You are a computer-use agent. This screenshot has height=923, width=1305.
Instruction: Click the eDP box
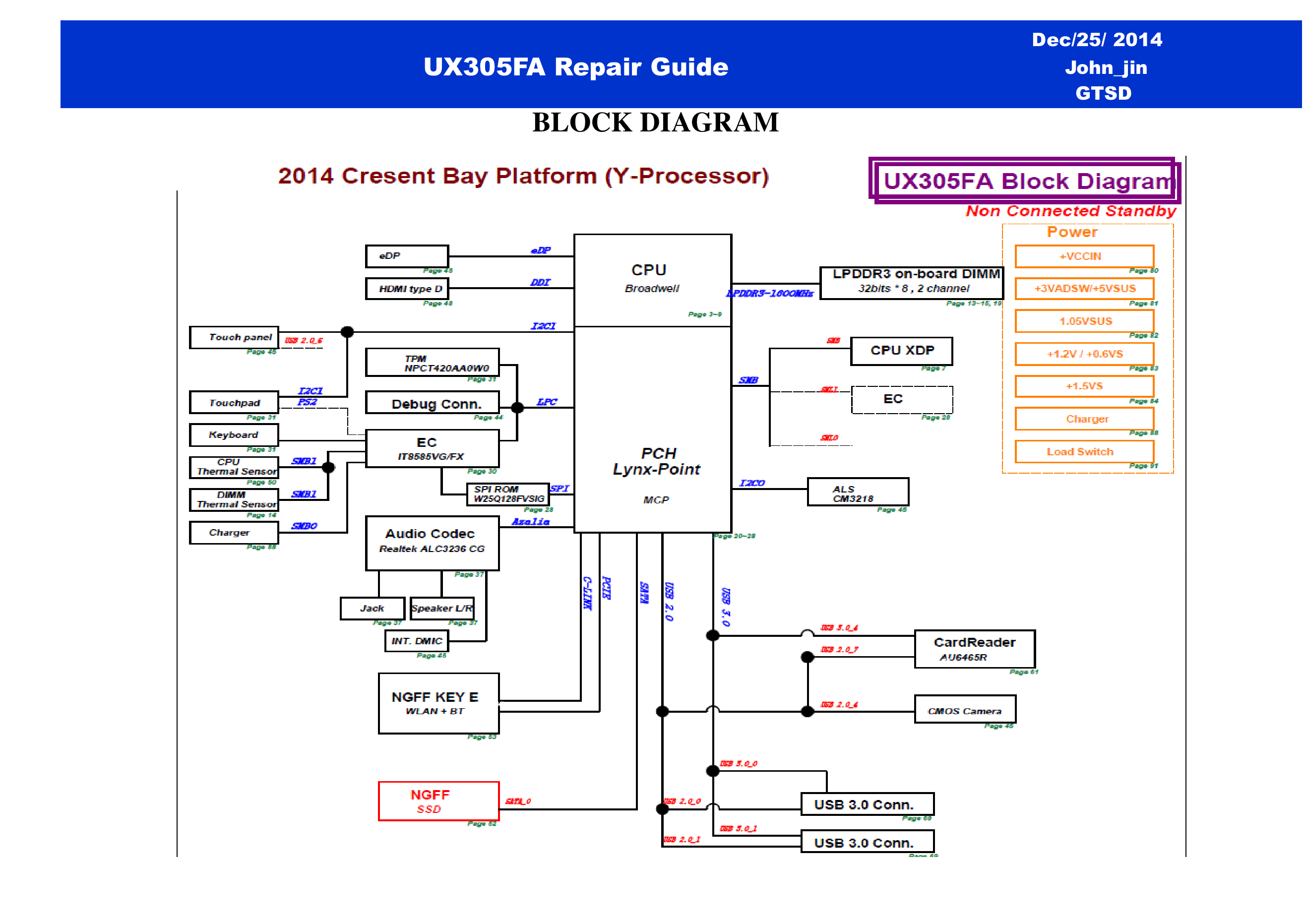tap(406, 256)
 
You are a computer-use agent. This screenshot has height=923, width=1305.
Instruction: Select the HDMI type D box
tap(406, 289)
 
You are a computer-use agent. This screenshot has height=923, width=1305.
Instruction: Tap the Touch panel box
tap(234, 337)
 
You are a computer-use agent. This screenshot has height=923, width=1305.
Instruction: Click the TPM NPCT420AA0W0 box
tap(432, 363)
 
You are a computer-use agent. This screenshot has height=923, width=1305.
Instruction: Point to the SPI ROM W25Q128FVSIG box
tap(507, 494)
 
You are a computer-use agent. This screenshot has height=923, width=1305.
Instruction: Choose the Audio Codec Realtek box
tap(432, 542)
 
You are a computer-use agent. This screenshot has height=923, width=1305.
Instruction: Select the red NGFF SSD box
tap(438, 801)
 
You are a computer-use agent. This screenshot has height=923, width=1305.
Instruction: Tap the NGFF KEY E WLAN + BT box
tap(438, 703)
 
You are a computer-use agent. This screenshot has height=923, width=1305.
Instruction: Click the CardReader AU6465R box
tap(974, 649)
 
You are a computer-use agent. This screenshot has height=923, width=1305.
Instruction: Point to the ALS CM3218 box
tap(857, 492)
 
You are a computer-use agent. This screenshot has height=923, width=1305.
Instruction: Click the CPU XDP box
tap(901, 351)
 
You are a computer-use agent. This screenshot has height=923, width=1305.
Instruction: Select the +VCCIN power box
tap(1084, 256)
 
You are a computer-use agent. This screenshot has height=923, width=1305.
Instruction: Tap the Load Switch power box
tap(1084, 452)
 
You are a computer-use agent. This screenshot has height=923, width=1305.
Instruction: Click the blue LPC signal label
tap(547, 402)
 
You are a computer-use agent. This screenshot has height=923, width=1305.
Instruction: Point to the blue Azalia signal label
tap(530, 522)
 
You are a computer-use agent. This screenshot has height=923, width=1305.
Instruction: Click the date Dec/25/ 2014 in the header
tap(1096, 40)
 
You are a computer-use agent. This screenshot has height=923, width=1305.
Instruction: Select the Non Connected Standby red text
tap(1071, 211)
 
